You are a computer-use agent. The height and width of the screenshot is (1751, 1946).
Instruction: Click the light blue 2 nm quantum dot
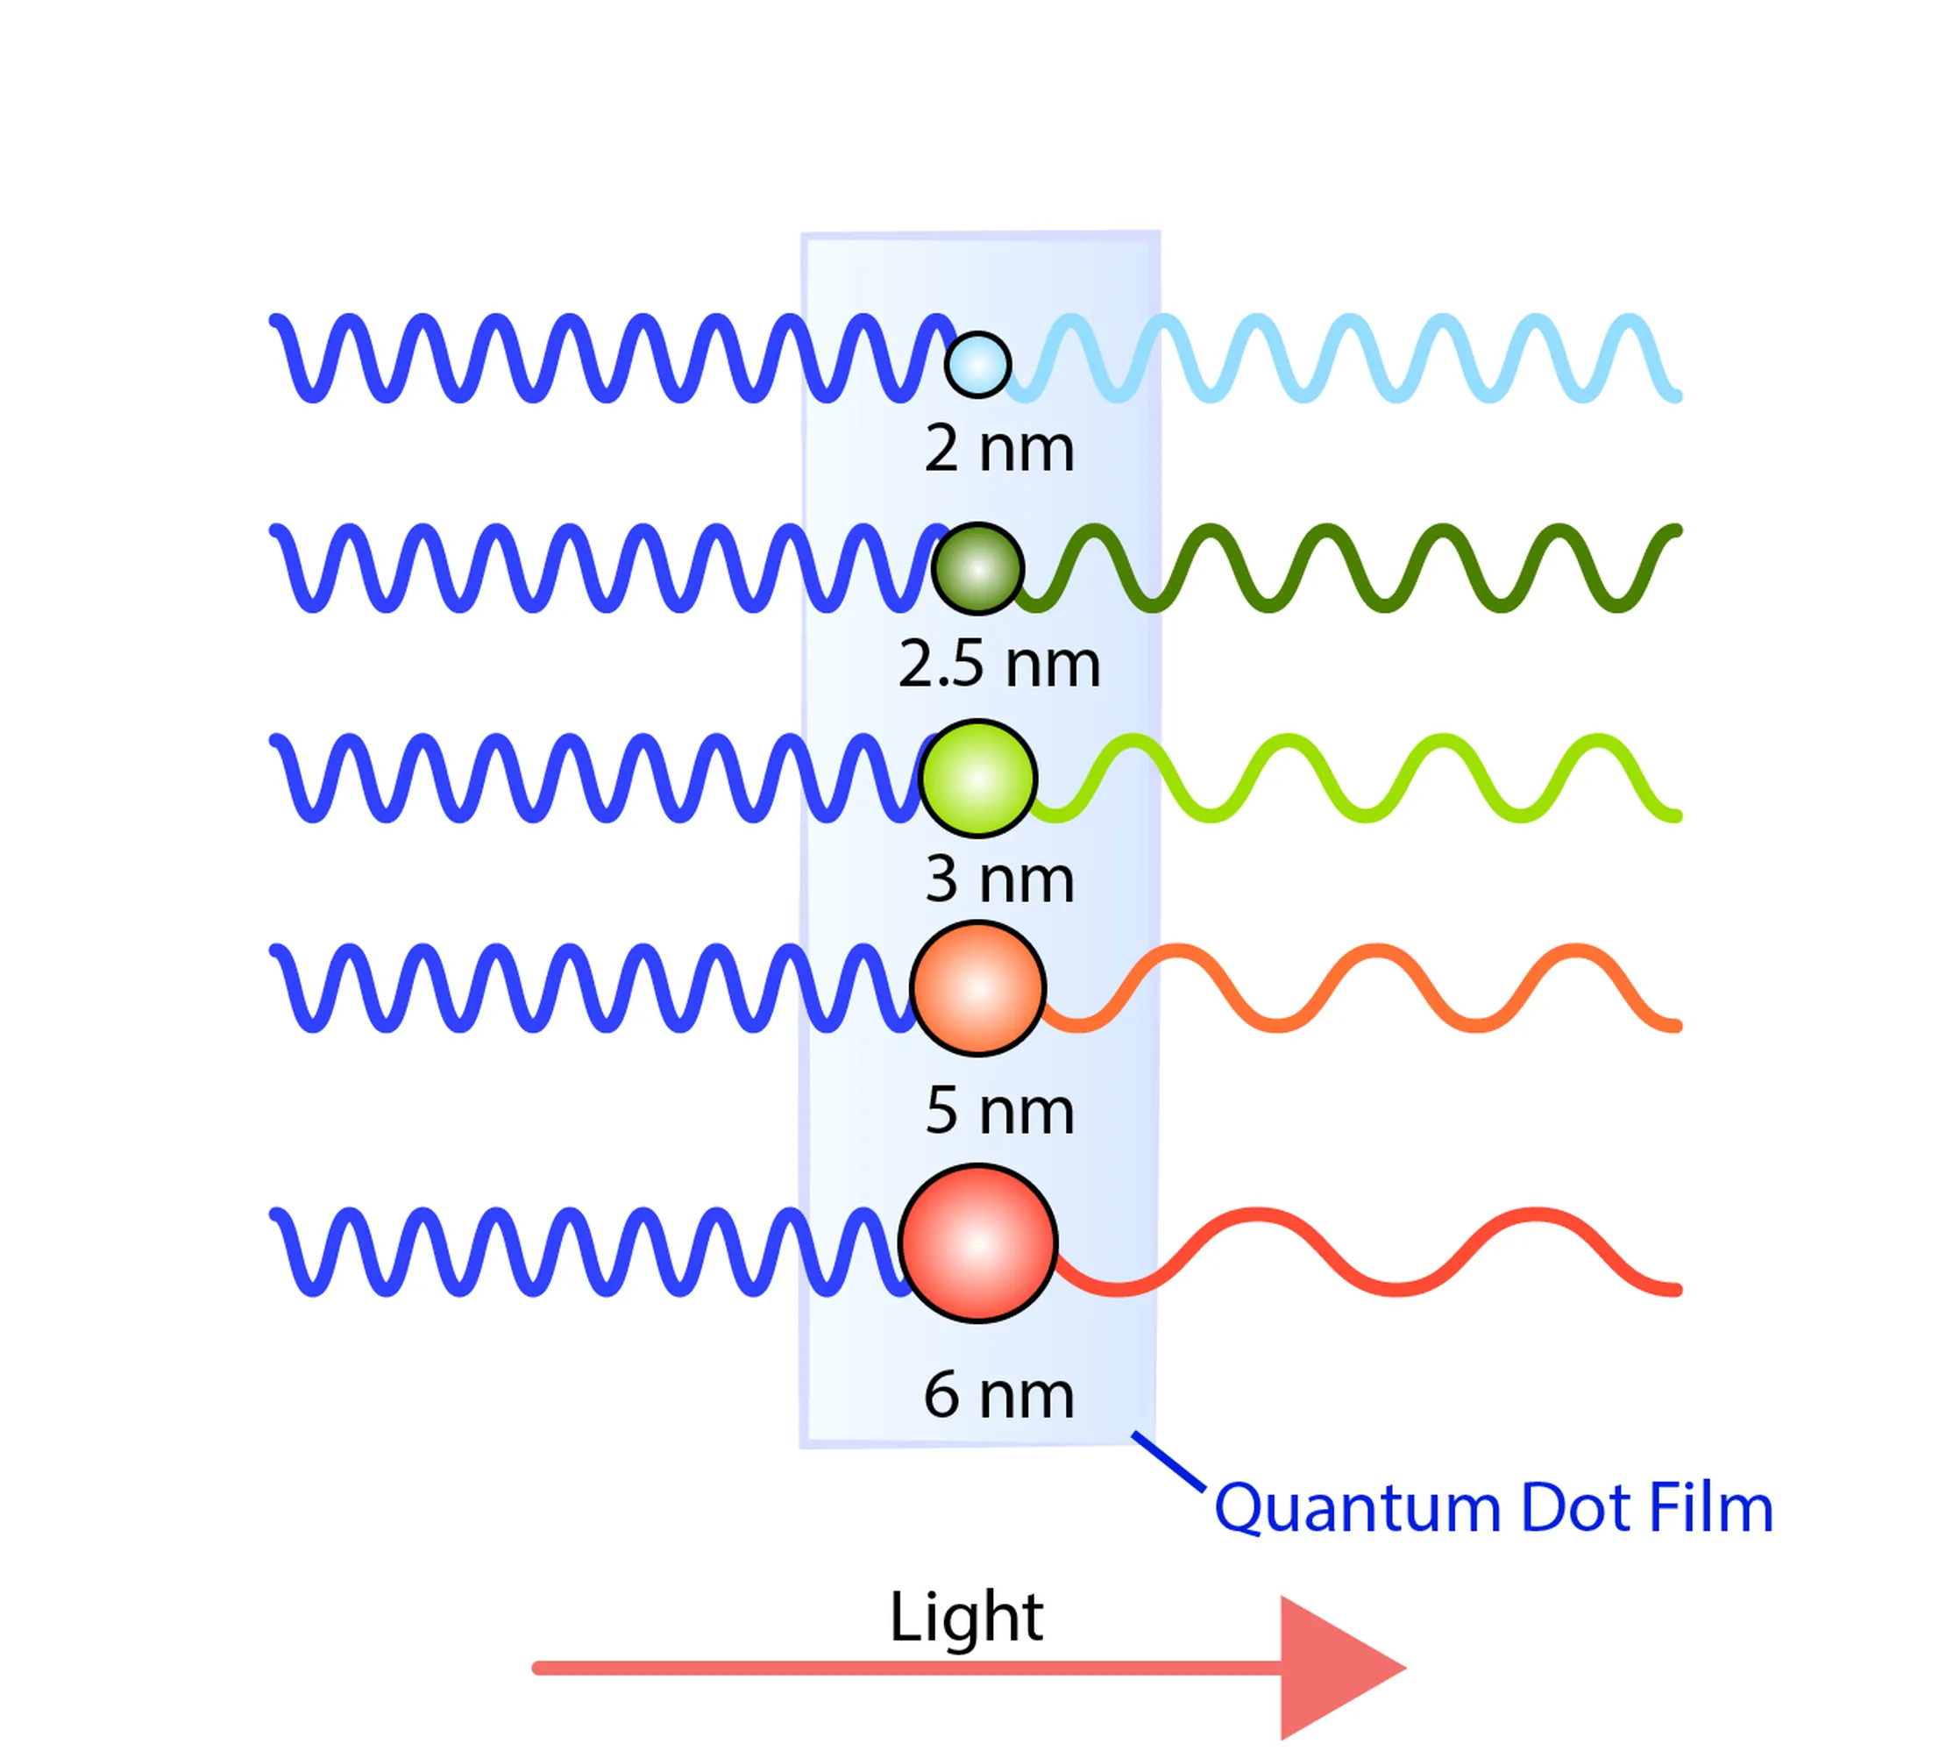pyautogui.click(x=977, y=364)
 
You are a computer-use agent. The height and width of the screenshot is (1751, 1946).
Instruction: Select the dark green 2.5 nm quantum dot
pyautogui.click(x=977, y=568)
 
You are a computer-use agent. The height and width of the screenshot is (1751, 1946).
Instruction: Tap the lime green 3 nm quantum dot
pyautogui.click(x=977, y=779)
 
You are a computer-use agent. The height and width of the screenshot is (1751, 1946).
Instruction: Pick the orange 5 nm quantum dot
pyautogui.click(x=977, y=988)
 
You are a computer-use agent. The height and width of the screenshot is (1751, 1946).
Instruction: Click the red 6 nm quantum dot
pyautogui.click(x=977, y=1243)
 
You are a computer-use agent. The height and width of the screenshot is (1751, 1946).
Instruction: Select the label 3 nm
pyautogui.click(x=998, y=879)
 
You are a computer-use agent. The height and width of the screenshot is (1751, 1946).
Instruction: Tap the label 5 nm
pyautogui.click(x=998, y=1111)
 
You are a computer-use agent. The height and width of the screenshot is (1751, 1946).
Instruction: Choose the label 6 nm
pyautogui.click(x=998, y=1395)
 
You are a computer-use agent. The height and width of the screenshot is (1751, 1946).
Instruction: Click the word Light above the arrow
pyautogui.click(x=966, y=1617)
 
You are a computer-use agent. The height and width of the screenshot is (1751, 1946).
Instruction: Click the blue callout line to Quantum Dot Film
pyautogui.click(x=1168, y=1462)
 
